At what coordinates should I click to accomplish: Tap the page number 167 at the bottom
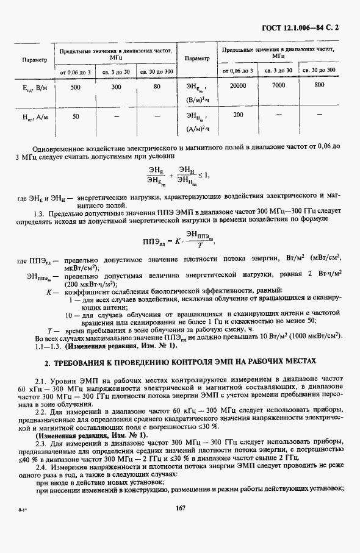(180, 525)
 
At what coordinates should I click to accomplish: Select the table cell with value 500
(76, 87)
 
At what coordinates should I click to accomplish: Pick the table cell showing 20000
(237, 86)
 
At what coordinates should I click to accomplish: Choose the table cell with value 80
(157, 87)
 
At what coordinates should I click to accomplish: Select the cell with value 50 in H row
(76, 116)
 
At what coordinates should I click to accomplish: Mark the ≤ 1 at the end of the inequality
(203, 175)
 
